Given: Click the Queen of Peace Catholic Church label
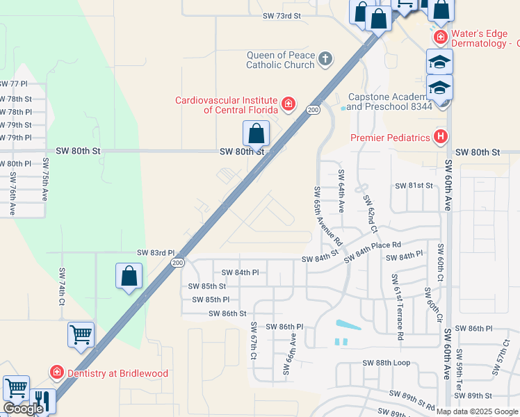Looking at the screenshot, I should [x=281, y=60].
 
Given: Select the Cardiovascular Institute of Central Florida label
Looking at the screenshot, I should [x=226, y=105].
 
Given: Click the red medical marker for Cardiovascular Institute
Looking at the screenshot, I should [x=289, y=105].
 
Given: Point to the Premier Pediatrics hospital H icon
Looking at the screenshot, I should [x=439, y=137].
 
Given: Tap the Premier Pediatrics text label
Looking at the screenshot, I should [x=390, y=138].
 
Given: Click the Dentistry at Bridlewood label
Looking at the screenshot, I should [x=117, y=373].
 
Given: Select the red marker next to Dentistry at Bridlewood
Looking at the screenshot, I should [x=56, y=373].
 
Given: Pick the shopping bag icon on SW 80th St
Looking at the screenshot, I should [x=256, y=133].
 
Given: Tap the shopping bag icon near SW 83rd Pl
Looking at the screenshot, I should [x=129, y=276].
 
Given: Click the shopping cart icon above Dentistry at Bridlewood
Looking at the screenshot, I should [x=81, y=334].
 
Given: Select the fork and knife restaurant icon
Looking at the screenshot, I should [x=43, y=400].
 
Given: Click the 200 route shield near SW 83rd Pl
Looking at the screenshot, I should [x=178, y=262].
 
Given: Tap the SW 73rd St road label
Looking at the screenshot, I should [x=282, y=15].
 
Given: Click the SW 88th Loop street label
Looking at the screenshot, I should [x=387, y=363].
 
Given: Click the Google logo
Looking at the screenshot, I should [x=23, y=409].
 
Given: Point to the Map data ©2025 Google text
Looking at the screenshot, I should [x=477, y=411].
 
